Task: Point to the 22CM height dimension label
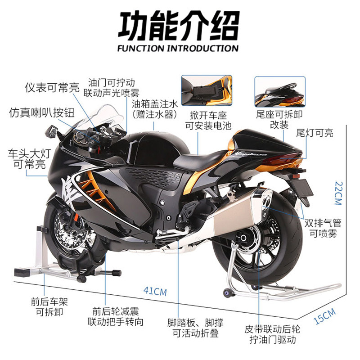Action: point(336,193)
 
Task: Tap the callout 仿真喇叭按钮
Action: point(41,112)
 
